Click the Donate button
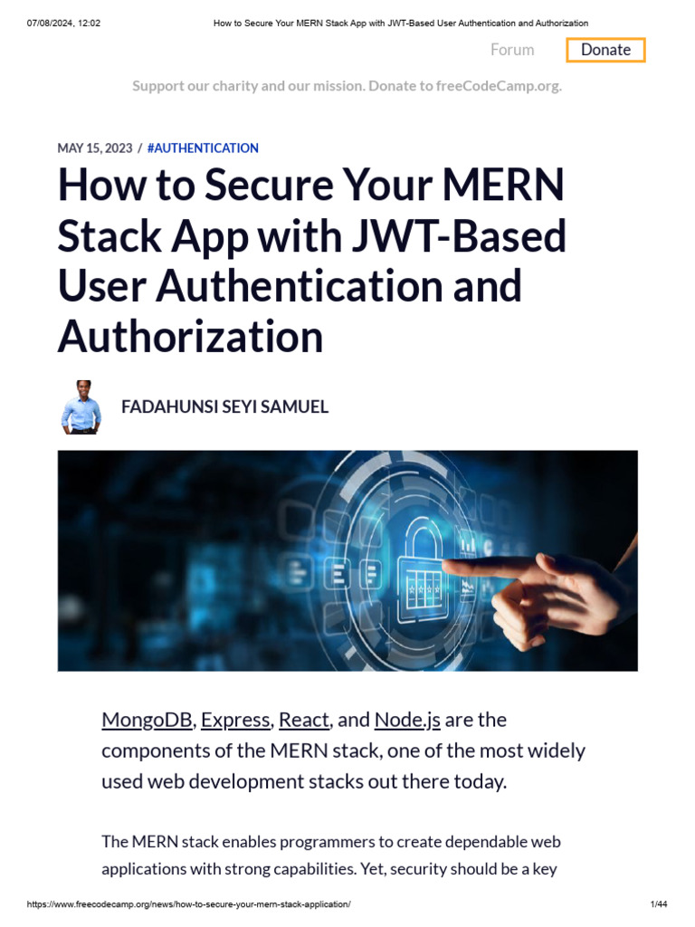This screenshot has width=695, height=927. pos(605,50)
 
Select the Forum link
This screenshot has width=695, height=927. pos(512,50)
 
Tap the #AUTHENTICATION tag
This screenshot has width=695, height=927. pos(203,148)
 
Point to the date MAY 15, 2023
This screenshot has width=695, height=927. pos(95,148)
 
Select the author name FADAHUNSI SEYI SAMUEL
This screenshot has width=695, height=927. pos(224,406)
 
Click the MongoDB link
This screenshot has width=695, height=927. pos(147,720)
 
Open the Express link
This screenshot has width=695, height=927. pos(235,720)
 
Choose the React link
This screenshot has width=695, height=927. pos(303,720)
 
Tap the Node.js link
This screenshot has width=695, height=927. pos(407,720)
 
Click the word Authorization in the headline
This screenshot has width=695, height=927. pos(190,337)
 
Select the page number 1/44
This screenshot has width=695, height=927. pos(659,904)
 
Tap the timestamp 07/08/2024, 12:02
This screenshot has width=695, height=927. pos(63,23)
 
